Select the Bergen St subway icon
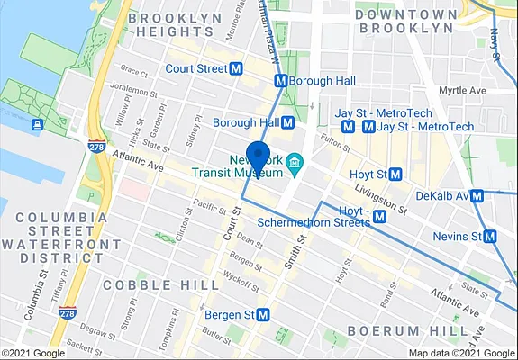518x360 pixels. (x=263, y=315)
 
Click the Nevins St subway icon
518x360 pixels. (x=490, y=237)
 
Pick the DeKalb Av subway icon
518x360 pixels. (x=477, y=195)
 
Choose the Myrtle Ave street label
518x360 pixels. (x=461, y=91)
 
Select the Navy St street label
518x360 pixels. (x=496, y=45)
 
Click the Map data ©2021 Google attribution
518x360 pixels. (x=460, y=353)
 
